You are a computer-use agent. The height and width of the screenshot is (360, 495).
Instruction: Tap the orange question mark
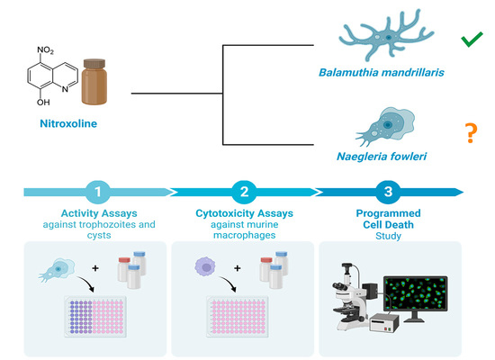click(470, 135)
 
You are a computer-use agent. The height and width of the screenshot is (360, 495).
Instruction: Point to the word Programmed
click(385, 211)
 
